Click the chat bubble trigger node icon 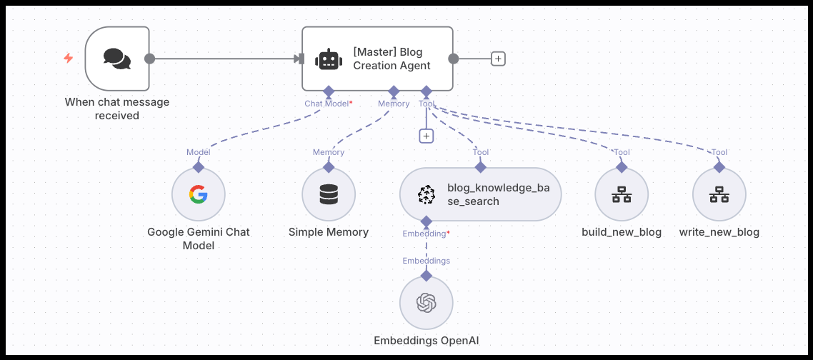coord(117,59)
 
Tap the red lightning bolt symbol coord(69,59)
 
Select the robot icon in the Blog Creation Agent coord(328,59)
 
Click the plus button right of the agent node coord(498,59)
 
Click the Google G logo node coord(199,194)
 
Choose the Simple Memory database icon coord(329,194)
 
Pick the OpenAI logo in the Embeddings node coord(427,303)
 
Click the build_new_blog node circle coord(622,194)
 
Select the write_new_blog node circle coord(719,194)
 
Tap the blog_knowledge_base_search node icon coord(427,194)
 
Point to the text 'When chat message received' coord(117,109)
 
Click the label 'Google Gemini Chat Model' coord(199,239)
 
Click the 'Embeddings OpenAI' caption coord(427,341)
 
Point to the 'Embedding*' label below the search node coord(427,234)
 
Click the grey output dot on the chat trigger coord(149,59)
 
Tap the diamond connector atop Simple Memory coord(329,166)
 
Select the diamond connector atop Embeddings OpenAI coord(427,275)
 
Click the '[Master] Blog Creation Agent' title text coord(391,59)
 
